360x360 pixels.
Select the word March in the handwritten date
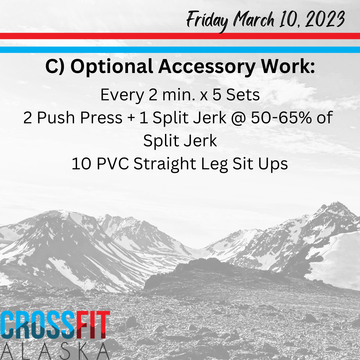pyautogui.click(x=254, y=19)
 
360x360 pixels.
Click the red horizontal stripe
pyautogui.click(x=180, y=36)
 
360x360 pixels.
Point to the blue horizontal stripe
pyautogui.click(x=180, y=50)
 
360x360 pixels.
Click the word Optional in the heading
pyautogui.click(x=112, y=67)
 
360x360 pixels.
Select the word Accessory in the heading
pyautogui.click(x=207, y=67)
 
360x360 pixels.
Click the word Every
pyautogui.click(x=122, y=95)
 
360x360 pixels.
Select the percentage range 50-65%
pyautogui.click(x=281, y=118)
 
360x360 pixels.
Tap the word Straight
pyautogui.click(x=165, y=164)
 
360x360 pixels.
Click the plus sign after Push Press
pyautogui.click(x=131, y=118)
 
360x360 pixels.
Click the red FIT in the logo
pyautogui.click(x=93, y=325)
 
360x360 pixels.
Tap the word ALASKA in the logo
pyautogui.click(x=54, y=351)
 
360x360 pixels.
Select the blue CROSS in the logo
pyautogui.click(x=38, y=325)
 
